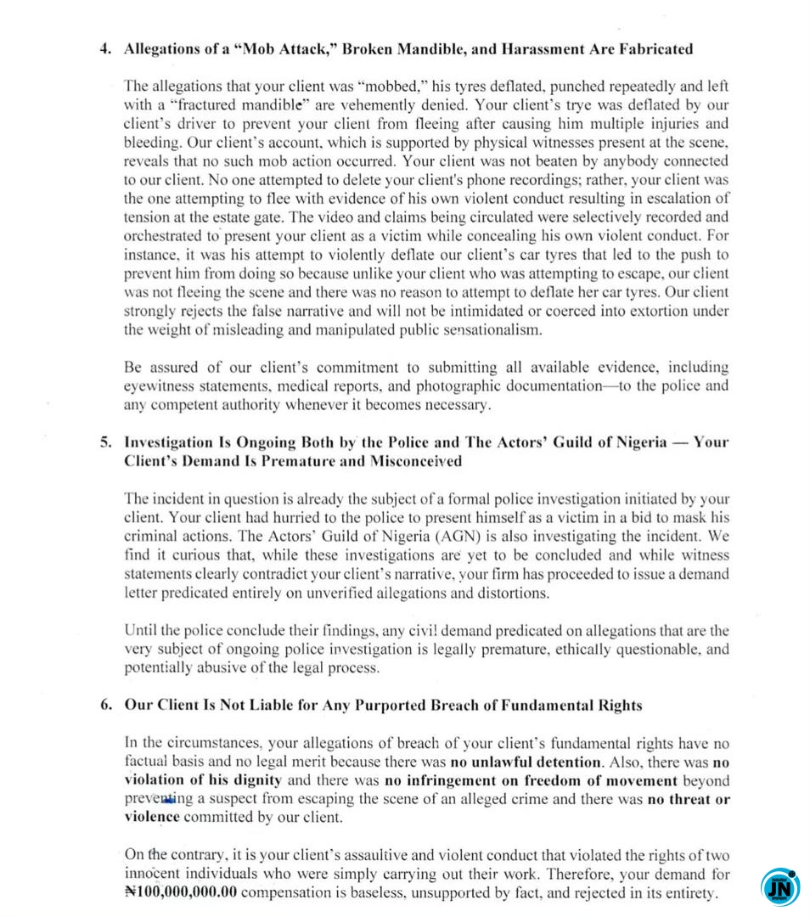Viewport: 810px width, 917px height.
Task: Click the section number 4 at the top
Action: pos(104,48)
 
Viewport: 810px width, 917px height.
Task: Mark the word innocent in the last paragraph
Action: pos(155,875)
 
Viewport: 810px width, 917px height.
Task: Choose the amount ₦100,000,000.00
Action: pos(181,893)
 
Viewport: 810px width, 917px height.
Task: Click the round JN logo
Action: pos(777,886)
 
